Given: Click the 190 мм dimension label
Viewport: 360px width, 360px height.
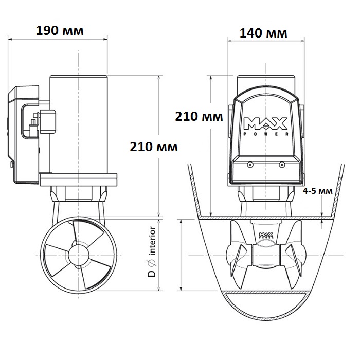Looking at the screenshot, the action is [60, 31].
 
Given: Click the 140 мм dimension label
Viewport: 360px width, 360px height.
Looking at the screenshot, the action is [263, 33].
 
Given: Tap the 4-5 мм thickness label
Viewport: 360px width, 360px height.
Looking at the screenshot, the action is [317, 191].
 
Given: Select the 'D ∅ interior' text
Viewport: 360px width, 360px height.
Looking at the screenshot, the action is [152, 251].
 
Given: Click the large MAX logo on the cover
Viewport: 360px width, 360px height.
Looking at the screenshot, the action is [265, 123].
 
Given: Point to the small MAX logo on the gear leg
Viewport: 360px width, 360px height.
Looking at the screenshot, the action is [266, 236].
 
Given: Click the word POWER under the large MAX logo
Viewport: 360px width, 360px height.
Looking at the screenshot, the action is [265, 134].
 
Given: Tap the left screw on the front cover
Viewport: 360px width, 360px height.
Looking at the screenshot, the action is [249, 165].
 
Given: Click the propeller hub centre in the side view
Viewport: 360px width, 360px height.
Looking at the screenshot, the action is [79, 255].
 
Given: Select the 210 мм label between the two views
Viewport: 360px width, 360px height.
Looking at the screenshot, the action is [154, 147].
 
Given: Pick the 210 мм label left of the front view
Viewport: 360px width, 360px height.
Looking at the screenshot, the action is [199, 117].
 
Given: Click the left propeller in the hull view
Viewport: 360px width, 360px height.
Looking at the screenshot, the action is [238, 255].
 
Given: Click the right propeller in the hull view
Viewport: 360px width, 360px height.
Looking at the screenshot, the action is [294, 255].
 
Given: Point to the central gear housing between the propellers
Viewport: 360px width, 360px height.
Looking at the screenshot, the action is [266, 255].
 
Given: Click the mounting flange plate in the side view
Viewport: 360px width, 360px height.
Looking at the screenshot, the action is [78, 180].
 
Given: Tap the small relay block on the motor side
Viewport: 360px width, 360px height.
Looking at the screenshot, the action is [48, 122].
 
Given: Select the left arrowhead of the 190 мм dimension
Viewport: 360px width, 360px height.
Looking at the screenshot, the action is [10, 39].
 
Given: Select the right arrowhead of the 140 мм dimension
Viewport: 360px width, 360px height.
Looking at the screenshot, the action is [302, 41].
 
